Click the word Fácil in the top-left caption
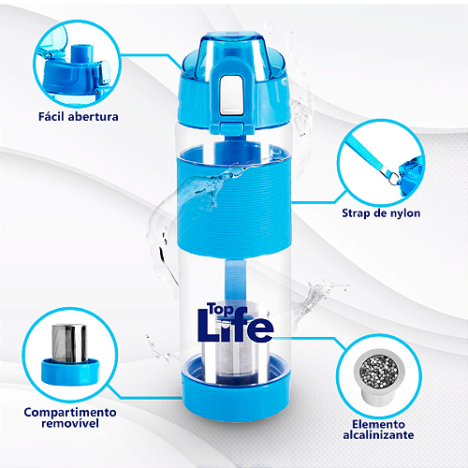tap(51, 116)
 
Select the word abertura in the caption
tap(93, 117)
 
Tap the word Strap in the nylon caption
tap(356, 213)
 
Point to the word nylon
tap(404, 213)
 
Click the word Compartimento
tap(70, 412)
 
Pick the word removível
tap(70, 423)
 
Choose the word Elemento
tap(378, 424)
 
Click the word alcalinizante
tap(378, 434)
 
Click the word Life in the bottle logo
tap(236, 326)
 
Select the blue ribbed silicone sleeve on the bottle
tap(234, 204)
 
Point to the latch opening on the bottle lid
tap(231, 95)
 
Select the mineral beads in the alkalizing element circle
tap(379, 373)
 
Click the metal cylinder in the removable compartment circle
tap(69, 344)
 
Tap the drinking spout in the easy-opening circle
tap(81, 53)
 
